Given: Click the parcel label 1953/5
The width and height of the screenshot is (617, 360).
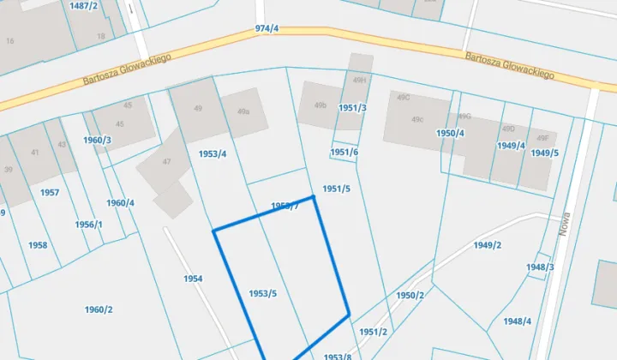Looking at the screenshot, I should pyautogui.click(x=262, y=293).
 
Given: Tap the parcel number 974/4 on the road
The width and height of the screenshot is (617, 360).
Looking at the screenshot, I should pyautogui.click(x=267, y=29).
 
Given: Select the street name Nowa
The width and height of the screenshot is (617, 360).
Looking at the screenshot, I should pyautogui.click(x=565, y=225).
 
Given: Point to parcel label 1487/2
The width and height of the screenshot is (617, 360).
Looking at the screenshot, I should pyautogui.click(x=84, y=5).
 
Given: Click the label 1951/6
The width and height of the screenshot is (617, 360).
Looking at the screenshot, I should pyautogui.click(x=344, y=152).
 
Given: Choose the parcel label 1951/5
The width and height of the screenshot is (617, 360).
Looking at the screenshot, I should pyautogui.click(x=336, y=189).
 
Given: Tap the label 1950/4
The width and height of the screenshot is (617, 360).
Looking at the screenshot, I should pyautogui.click(x=450, y=133).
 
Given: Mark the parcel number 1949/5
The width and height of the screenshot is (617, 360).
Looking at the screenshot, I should pyautogui.click(x=544, y=153).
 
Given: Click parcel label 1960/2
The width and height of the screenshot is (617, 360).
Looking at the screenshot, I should pyautogui.click(x=99, y=309).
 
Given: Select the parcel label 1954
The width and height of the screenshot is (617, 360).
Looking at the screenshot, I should pyautogui.click(x=193, y=279).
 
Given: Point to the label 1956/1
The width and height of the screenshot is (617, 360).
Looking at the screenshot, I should pyautogui.click(x=88, y=225).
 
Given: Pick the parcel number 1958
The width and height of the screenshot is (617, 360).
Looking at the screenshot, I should pyautogui.click(x=38, y=245).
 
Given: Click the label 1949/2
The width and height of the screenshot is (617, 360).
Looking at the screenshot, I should pyautogui.click(x=487, y=245).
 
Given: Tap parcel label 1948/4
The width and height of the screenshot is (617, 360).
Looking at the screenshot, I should pyautogui.click(x=518, y=321).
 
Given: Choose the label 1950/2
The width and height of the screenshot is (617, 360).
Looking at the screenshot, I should pyautogui.click(x=410, y=295).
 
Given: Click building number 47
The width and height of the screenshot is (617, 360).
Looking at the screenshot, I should pyautogui.click(x=167, y=161).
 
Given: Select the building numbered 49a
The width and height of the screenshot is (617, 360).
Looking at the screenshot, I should pyautogui.click(x=243, y=111).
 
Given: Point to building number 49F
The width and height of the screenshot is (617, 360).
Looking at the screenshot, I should pyautogui.click(x=542, y=137).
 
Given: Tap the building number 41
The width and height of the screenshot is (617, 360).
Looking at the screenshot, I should pyautogui.click(x=35, y=153).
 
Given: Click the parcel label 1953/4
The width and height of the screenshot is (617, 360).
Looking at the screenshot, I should pyautogui.click(x=213, y=153).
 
